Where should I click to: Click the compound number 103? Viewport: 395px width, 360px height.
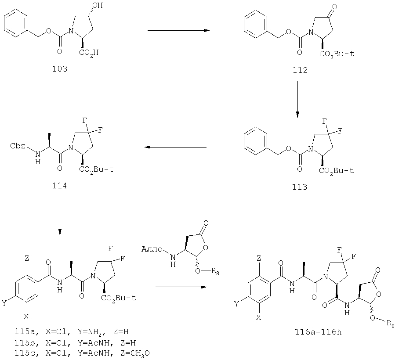click(x=60, y=68)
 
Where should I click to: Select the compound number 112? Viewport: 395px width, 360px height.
click(x=300, y=70)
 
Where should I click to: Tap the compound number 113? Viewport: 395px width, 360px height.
click(x=300, y=187)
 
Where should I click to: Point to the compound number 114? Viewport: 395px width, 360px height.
click(x=60, y=186)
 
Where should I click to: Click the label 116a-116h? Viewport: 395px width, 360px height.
click(x=318, y=332)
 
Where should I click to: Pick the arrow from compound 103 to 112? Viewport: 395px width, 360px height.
click(x=178, y=30)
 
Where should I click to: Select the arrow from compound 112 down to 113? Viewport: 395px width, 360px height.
click(x=297, y=99)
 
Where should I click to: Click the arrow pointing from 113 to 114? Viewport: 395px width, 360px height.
click(x=176, y=147)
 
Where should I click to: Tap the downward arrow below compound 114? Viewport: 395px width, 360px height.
click(x=60, y=216)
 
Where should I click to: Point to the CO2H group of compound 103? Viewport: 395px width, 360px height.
click(x=89, y=52)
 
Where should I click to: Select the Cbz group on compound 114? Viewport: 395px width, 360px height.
click(x=18, y=146)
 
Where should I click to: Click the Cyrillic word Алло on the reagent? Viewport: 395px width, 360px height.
click(x=152, y=249)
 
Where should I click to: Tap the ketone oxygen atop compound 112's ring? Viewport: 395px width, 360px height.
click(x=334, y=7)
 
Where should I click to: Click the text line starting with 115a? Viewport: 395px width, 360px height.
click(x=72, y=332)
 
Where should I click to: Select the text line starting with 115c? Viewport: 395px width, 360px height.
click(x=82, y=353)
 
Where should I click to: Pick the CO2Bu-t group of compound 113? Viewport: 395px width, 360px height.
click(x=336, y=171)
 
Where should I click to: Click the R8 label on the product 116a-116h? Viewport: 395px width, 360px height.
click(x=391, y=324)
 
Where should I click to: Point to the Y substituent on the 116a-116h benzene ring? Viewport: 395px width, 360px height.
click(x=236, y=304)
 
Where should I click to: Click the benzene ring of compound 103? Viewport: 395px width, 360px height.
click(x=16, y=24)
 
